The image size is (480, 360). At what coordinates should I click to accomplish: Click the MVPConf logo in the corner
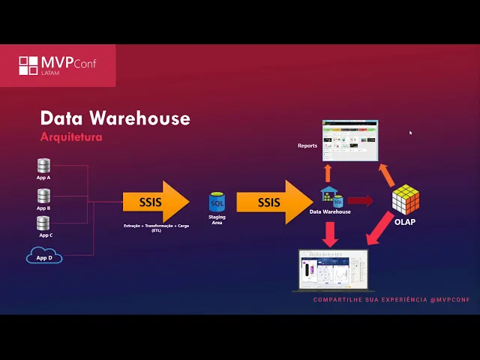pos(58,65)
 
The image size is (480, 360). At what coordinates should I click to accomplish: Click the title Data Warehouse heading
pos(115,118)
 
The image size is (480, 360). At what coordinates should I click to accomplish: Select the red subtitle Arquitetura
pos(70,138)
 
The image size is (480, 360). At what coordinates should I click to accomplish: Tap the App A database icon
pos(43,166)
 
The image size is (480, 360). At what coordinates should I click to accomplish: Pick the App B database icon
pos(43,196)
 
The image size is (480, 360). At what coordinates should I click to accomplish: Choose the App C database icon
pos(43,223)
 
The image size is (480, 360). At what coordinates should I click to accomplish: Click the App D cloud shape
pos(44,257)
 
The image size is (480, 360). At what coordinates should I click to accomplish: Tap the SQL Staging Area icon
pos(217,202)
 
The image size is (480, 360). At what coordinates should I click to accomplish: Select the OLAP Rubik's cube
pos(405,199)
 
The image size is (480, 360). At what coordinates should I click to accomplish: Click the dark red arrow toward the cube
pos(361,200)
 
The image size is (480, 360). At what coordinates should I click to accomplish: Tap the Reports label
pos(307,145)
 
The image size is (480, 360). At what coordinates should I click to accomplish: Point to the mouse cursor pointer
pos(410,133)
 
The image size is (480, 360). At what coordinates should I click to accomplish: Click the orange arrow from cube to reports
pos(385,175)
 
